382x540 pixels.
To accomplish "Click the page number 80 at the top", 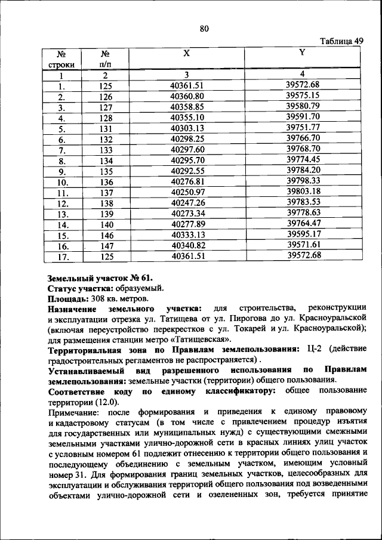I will coord(204,29).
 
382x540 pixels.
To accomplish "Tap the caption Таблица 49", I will coord(341,41).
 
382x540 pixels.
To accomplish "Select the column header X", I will coord(187,53).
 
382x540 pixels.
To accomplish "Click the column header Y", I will coord(303,53).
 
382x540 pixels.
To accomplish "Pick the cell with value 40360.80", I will coord(187,96).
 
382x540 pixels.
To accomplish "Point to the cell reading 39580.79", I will coord(303,106).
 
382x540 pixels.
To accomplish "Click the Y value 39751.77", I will coord(303,127).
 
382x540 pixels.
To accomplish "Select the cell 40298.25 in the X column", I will coord(187,138).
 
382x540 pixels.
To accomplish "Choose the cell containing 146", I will coord(106,235).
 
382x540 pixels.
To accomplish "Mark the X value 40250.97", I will coord(187,192).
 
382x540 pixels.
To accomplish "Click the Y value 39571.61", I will coord(303,245).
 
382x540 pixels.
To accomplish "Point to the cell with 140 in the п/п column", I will coord(106,224).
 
